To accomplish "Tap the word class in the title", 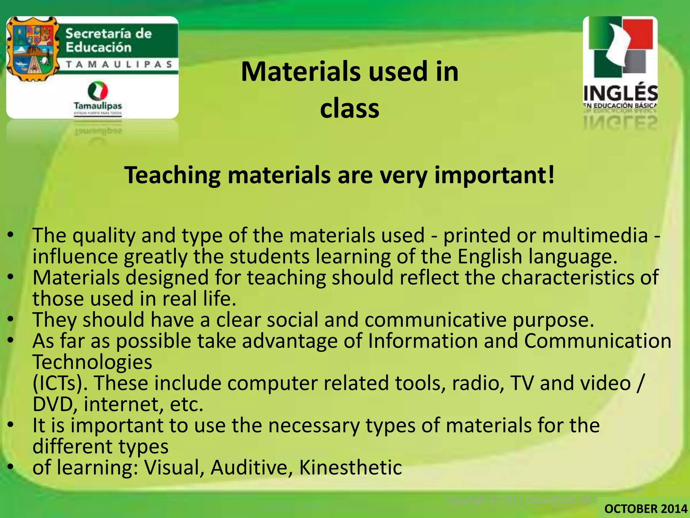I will click(x=349, y=109).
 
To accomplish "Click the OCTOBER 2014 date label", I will click(x=646, y=509).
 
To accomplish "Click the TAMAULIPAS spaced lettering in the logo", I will click(x=119, y=64).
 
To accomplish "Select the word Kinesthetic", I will click(x=350, y=468).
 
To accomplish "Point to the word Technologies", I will click(x=92, y=362).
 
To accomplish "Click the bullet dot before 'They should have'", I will click(x=11, y=319).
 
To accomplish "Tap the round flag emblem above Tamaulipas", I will click(x=98, y=91).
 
